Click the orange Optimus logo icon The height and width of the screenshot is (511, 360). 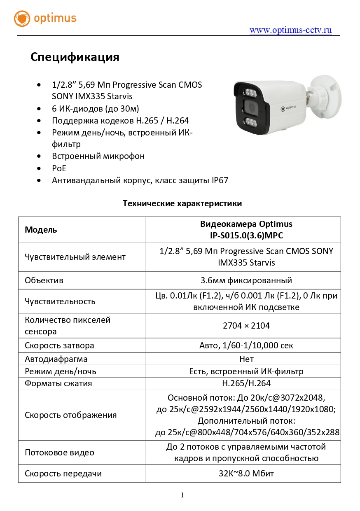22,19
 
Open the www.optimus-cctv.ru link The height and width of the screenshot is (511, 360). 290,30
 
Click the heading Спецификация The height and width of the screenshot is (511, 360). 75,57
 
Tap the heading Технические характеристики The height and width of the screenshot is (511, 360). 182,203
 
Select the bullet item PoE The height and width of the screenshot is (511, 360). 59,168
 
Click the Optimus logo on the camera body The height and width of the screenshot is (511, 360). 288,109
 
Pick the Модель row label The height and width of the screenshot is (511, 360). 41,230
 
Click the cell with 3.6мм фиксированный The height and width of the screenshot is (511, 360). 246,280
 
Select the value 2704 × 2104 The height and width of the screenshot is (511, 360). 246,326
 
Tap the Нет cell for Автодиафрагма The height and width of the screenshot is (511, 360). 246,359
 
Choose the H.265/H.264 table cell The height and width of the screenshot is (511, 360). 246,383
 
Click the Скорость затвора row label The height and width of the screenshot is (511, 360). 59,345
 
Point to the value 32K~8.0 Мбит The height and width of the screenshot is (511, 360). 246,474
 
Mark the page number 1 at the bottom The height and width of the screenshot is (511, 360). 182,495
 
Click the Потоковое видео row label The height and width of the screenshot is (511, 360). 59,453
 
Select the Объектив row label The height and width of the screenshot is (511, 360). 44,280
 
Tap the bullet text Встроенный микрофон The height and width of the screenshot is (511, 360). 98,156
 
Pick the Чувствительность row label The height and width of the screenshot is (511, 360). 60,301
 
